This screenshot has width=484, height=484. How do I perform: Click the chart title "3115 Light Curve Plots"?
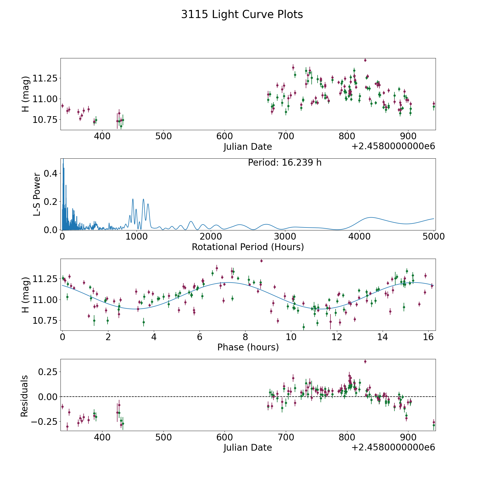tap(242, 15)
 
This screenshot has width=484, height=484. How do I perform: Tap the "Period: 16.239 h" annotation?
tap(284, 163)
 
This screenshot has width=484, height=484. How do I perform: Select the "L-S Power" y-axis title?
tap(37, 194)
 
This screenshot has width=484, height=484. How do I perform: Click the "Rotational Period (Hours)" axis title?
tap(248, 247)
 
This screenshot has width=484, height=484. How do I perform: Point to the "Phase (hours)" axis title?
tap(248, 347)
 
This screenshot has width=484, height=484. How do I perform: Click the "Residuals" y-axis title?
tap(24, 396)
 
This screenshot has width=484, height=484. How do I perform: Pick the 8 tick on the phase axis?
tap(245, 337)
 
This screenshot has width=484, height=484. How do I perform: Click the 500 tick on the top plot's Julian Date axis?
tap(163, 136)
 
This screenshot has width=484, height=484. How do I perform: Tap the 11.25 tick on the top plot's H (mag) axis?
tap(45, 79)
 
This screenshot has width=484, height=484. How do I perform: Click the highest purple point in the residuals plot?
tap(365, 362)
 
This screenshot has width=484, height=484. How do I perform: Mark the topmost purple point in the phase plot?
tap(261, 261)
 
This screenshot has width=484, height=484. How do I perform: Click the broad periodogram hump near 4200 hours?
tap(371, 217)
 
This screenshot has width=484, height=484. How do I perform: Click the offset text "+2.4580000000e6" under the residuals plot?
tap(393, 448)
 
